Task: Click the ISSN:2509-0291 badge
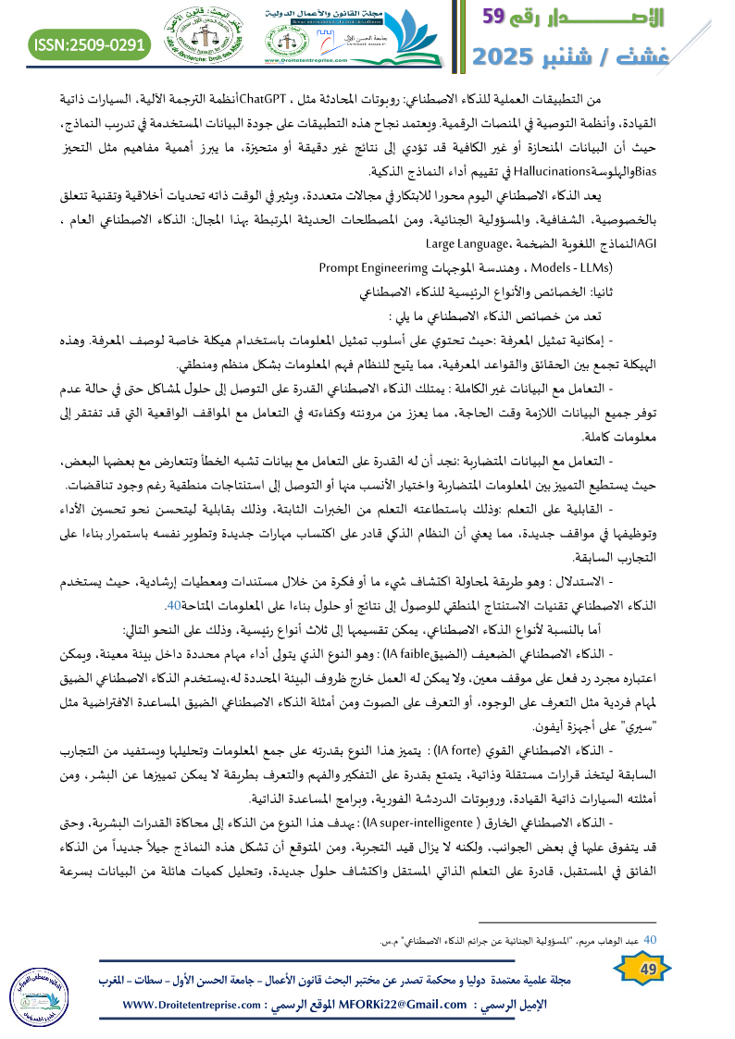coord(89,43)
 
